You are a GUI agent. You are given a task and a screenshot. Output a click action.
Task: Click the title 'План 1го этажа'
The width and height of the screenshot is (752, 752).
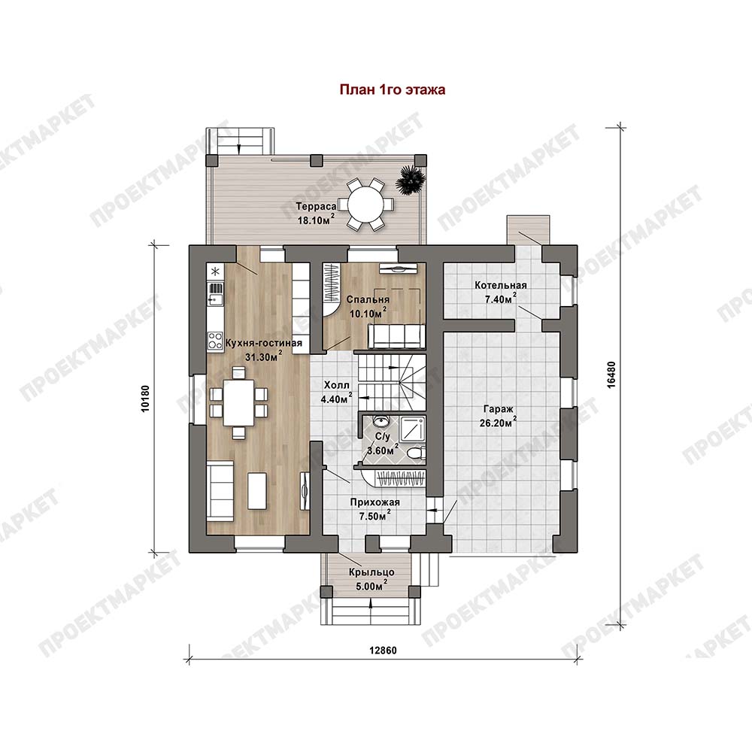coord(393,89)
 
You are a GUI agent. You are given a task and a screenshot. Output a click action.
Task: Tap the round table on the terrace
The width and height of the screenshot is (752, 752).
coord(365,203)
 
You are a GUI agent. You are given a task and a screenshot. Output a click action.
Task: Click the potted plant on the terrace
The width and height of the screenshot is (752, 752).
coord(412,181)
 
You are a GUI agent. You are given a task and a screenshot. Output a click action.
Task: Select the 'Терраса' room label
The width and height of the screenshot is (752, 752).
coord(316,206)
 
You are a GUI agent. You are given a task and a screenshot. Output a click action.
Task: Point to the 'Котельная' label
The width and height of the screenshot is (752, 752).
coord(501,285)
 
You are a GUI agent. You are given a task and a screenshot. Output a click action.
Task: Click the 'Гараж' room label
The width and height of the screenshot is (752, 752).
coord(499,409)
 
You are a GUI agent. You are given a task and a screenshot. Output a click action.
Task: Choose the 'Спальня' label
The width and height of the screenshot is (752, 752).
coord(368,299)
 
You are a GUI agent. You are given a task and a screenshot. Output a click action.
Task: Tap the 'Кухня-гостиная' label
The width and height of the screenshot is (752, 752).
coord(264,343)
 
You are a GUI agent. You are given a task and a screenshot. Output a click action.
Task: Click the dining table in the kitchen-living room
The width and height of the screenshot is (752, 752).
coord(239,402)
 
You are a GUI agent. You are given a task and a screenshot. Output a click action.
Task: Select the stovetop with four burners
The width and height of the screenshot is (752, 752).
coord(214,340)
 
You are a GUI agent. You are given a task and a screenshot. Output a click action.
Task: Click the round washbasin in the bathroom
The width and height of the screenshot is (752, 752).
coord(381,422)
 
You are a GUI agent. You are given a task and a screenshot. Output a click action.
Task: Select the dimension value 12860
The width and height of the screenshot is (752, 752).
coord(383,650)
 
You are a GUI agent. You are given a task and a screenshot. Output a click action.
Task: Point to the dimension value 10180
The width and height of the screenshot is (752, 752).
coord(146,398)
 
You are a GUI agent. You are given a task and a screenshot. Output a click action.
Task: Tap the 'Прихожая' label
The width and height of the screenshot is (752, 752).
coord(374,502)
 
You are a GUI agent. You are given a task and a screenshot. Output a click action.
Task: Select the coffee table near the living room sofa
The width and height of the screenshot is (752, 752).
coord(257,490)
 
